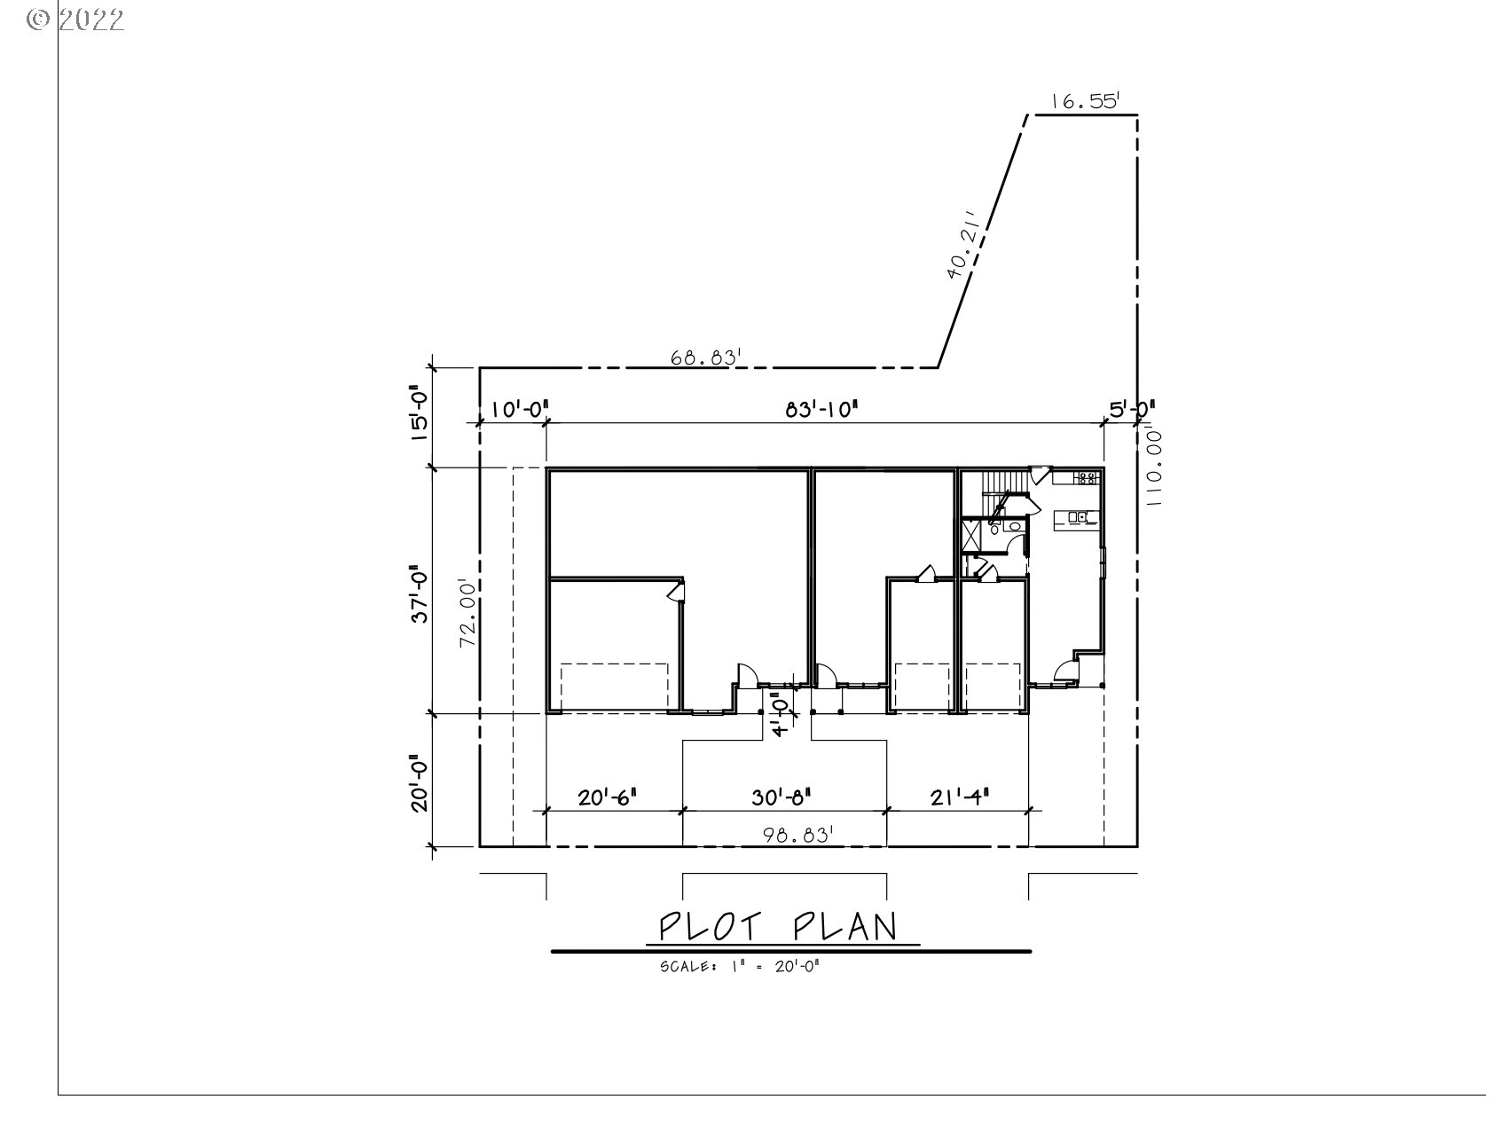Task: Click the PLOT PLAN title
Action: click(x=778, y=927)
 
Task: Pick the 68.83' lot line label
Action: click(x=706, y=357)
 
